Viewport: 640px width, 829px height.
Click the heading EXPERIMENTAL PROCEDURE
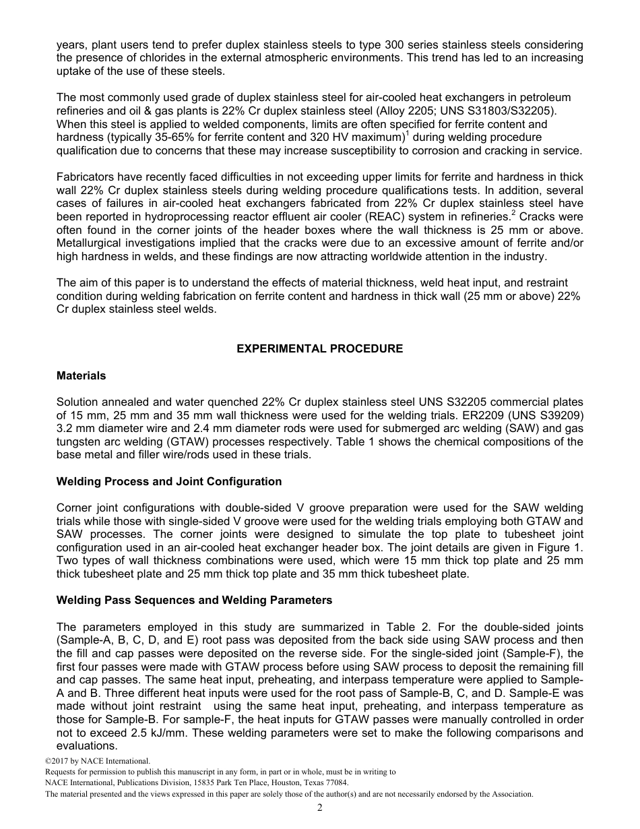[x=319, y=348]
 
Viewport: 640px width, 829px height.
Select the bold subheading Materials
[x=81, y=375]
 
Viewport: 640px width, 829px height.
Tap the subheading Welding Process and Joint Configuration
[x=169, y=481]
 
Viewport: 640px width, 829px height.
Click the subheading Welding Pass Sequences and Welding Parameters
[x=194, y=600]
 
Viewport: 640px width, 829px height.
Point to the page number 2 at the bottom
[x=320, y=808]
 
